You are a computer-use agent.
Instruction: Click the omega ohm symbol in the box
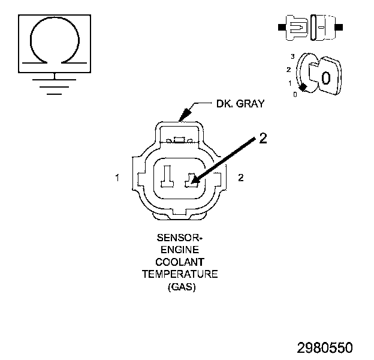click(x=55, y=41)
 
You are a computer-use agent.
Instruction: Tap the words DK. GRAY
click(x=240, y=104)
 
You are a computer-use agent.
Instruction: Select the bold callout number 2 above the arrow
click(x=263, y=139)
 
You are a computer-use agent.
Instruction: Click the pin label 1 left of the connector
click(x=119, y=178)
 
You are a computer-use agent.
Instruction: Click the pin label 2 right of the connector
click(x=240, y=178)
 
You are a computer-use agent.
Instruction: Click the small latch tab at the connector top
click(x=179, y=141)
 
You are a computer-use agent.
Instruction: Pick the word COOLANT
click(x=179, y=262)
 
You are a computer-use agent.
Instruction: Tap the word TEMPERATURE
click(x=179, y=274)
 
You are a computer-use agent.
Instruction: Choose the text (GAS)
click(x=179, y=287)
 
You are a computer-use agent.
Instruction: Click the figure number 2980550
click(x=325, y=347)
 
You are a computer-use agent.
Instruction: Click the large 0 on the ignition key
click(x=325, y=77)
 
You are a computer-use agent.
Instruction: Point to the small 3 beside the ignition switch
click(x=292, y=56)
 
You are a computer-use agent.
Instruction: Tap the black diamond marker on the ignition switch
click(x=303, y=88)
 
